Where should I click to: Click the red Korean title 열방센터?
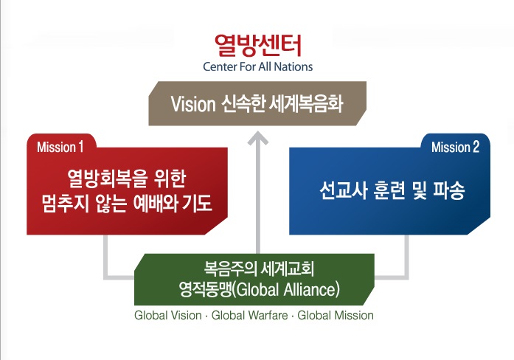click(x=257, y=45)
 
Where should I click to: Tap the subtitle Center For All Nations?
click(x=257, y=66)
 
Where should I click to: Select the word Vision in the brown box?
click(x=193, y=104)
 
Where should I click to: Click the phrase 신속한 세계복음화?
click(x=282, y=104)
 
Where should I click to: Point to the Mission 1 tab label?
click(x=60, y=148)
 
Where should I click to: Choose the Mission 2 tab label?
click(x=455, y=148)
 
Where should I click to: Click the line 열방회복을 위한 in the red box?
click(x=127, y=179)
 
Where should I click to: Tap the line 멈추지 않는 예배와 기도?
click(x=127, y=204)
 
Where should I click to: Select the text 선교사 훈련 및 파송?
click(x=392, y=190)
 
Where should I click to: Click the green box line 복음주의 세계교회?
click(x=259, y=269)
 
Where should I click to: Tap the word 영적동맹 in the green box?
click(x=205, y=289)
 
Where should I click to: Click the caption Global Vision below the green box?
click(x=168, y=316)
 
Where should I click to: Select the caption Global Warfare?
click(x=249, y=316)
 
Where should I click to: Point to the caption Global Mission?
click(x=336, y=316)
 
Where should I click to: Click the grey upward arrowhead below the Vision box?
click(x=258, y=138)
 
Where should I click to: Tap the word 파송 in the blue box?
click(x=449, y=190)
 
